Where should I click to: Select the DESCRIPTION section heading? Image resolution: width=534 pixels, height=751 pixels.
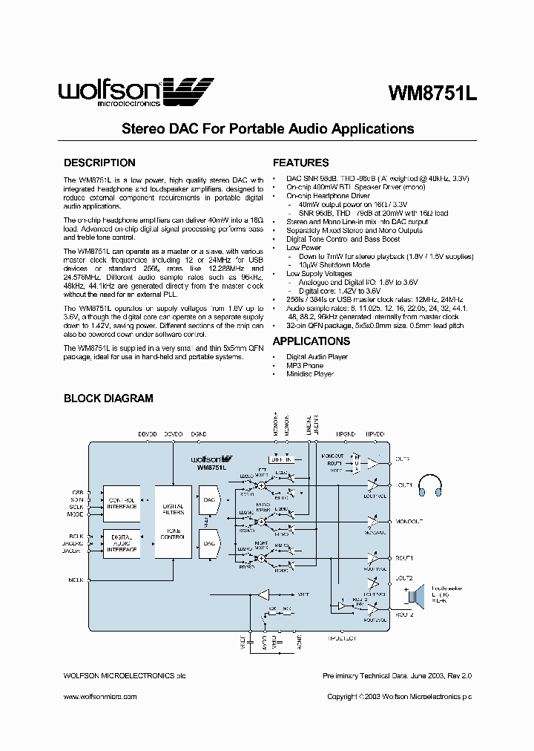coord(99,163)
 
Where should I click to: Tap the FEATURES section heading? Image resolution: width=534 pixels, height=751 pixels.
coord(300,163)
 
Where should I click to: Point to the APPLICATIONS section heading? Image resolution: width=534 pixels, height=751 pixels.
coord(311,341)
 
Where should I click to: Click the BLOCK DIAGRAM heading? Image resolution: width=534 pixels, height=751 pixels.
coord(108,398)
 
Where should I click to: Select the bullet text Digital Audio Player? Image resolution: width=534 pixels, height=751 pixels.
coord(317,357)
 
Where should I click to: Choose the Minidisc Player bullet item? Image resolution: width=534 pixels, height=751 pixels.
coord(309,375)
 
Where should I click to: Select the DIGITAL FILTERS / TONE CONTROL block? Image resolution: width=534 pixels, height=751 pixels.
coord(173,522)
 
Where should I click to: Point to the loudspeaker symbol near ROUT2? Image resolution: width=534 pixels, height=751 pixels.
coord(410,595)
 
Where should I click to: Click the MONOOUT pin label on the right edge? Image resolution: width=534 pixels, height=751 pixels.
coord(409,521)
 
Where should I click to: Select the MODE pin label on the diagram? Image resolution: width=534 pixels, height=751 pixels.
coord(76,514)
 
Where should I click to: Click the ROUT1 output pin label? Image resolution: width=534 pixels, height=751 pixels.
coord(404,557)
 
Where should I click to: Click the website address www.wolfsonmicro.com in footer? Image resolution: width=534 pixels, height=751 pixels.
coord(100,697)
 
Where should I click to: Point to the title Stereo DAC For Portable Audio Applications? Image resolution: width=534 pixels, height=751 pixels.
coord(267,128)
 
